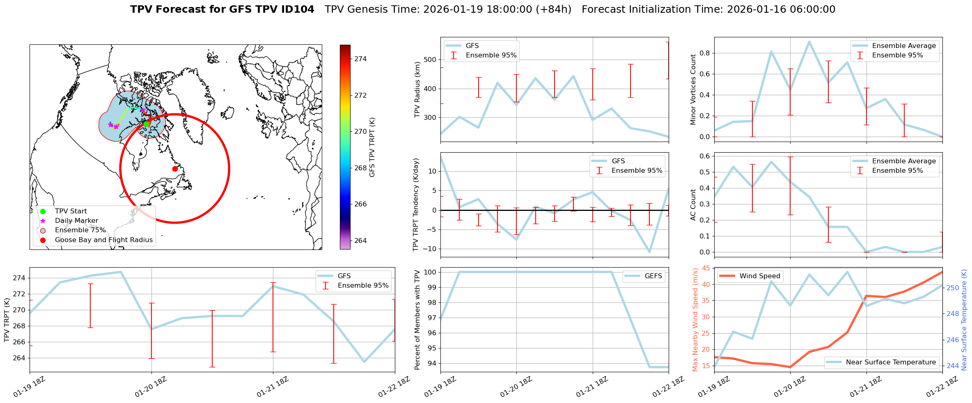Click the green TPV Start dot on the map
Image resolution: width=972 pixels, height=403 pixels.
pos(146,124)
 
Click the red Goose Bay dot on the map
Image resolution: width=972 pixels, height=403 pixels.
pos(175,169)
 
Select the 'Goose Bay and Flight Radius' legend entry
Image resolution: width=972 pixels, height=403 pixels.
pos(103,240)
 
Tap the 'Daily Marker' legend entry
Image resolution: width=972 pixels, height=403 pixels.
pos(76,221)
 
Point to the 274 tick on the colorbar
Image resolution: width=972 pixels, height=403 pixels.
pos(360,59)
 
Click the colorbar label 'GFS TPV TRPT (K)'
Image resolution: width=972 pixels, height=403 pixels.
pos(372,147)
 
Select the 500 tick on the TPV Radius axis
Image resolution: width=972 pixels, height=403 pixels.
pos(430,60)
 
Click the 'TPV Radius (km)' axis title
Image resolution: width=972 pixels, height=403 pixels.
pos(417,89)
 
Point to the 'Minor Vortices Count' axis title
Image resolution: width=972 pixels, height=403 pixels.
pos(693,89)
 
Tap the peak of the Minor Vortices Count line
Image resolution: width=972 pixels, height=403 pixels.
pos(809,41)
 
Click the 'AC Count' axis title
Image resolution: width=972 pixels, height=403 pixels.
pos(693,205)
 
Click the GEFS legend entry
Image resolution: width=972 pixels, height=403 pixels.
pos(653,276)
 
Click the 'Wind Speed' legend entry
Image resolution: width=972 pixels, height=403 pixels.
pos(759,276)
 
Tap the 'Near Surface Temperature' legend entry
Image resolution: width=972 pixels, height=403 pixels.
pos(891,362)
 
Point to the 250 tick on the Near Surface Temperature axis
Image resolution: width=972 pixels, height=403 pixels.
pos(953,288)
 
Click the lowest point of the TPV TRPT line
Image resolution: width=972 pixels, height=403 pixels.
pos(364,362)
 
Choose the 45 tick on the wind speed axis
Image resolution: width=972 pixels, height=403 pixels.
pos(706,268)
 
